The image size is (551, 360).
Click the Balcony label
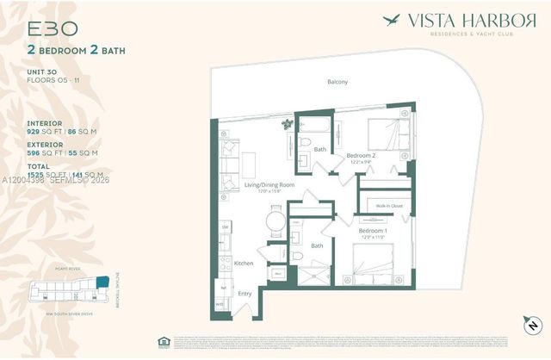(x=337, y=82)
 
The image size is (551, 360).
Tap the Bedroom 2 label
(x=359, y=157)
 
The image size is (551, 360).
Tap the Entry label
(x=245, y=294)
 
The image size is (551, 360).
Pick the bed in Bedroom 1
(x=373, y=264)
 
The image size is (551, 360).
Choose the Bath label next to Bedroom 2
(x=320, y=149)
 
